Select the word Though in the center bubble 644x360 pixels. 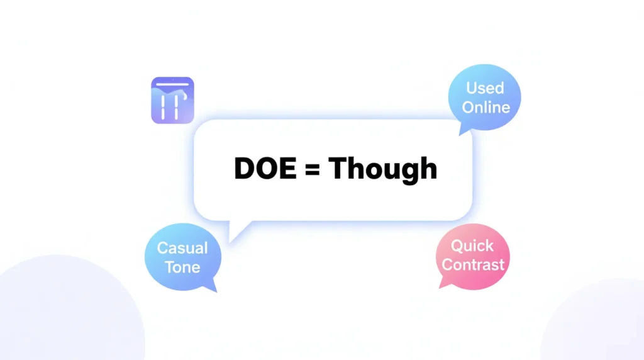coord(382,168)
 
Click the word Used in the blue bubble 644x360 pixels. coord(485,89)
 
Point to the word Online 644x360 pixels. coord(486,107)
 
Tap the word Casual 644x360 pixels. coord(182,247)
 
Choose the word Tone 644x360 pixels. coord(182,266)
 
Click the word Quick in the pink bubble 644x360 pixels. coord(472,245)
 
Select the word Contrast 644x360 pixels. coord(473,264)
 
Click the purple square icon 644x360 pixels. coord(172,100)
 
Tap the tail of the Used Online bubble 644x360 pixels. coord(465,129)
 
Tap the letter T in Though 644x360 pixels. coord(338,168)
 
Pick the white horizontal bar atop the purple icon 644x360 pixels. coord(172,84)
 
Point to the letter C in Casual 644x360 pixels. coord(162,247)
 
